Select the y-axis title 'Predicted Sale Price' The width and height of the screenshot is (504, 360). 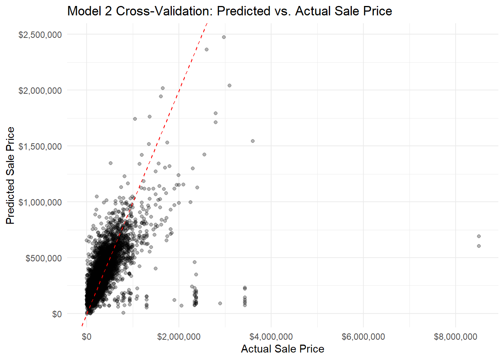(x=10, y=175)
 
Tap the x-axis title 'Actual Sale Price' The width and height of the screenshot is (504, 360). (x=282, y=349)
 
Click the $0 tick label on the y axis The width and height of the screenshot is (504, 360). (x=57, y=314)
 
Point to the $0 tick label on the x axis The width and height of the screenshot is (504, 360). (x=87, y=336)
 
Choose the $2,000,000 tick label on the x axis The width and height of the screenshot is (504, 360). (x=179, y=336)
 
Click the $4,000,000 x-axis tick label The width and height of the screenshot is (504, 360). (x=271, y=336)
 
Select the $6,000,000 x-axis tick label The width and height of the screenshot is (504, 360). (x=363, y=336)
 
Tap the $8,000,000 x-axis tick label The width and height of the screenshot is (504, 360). (x=456, y=336)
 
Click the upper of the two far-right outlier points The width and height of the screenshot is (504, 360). (x=479, y=236)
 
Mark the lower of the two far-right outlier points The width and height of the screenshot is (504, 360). (x=479, y=246)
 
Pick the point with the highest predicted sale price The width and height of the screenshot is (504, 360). (x=224, y=37)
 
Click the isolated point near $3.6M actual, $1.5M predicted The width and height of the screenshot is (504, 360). (x=253, y=141)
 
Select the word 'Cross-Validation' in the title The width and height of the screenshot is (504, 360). (x=165, y=11)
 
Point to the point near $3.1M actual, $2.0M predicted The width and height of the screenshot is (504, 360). (x=229, y=85)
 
